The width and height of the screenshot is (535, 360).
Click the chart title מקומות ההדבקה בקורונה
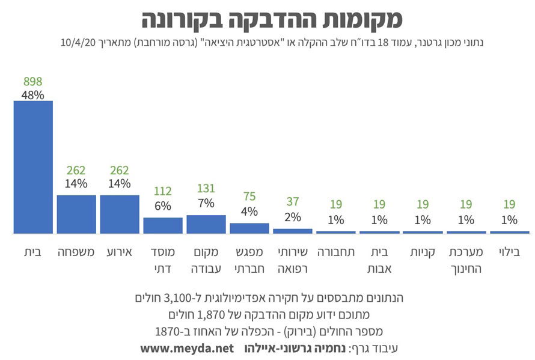pyautogui.click(x=272, y=19)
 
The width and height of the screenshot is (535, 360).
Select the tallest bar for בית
pyautogui.click(x=33, y=166)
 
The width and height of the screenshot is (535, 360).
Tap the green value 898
pyautogui.click(x=32, y=82)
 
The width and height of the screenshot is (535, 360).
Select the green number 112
pyautogui.click(x=163, y=192)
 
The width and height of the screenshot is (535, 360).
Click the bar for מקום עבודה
pyautogui.click(x=206, y=224)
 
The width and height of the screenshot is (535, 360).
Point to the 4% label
pyautogui.click(x=249, y=211)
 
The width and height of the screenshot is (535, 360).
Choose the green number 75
pyautogui.click(x=249, y=197)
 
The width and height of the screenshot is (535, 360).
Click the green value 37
pyautogui.click(x=293, y=203)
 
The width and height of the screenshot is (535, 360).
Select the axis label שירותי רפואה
pyautogui.click(x=293, y=260)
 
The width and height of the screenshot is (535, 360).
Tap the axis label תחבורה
pyautogui.click(x=336, y=252)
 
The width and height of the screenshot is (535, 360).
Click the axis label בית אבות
pyautogui.click(x=379, y=260)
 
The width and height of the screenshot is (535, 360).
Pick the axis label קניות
pyautogui.click(x=423, y=252)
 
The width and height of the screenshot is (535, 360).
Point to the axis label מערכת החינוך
pyautogui.click(x=466, y=260)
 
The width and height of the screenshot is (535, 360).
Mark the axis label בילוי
pyautogui.click(x=509, y=252)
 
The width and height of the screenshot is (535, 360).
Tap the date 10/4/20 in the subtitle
pyautogui.click(x=79, y=43)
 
